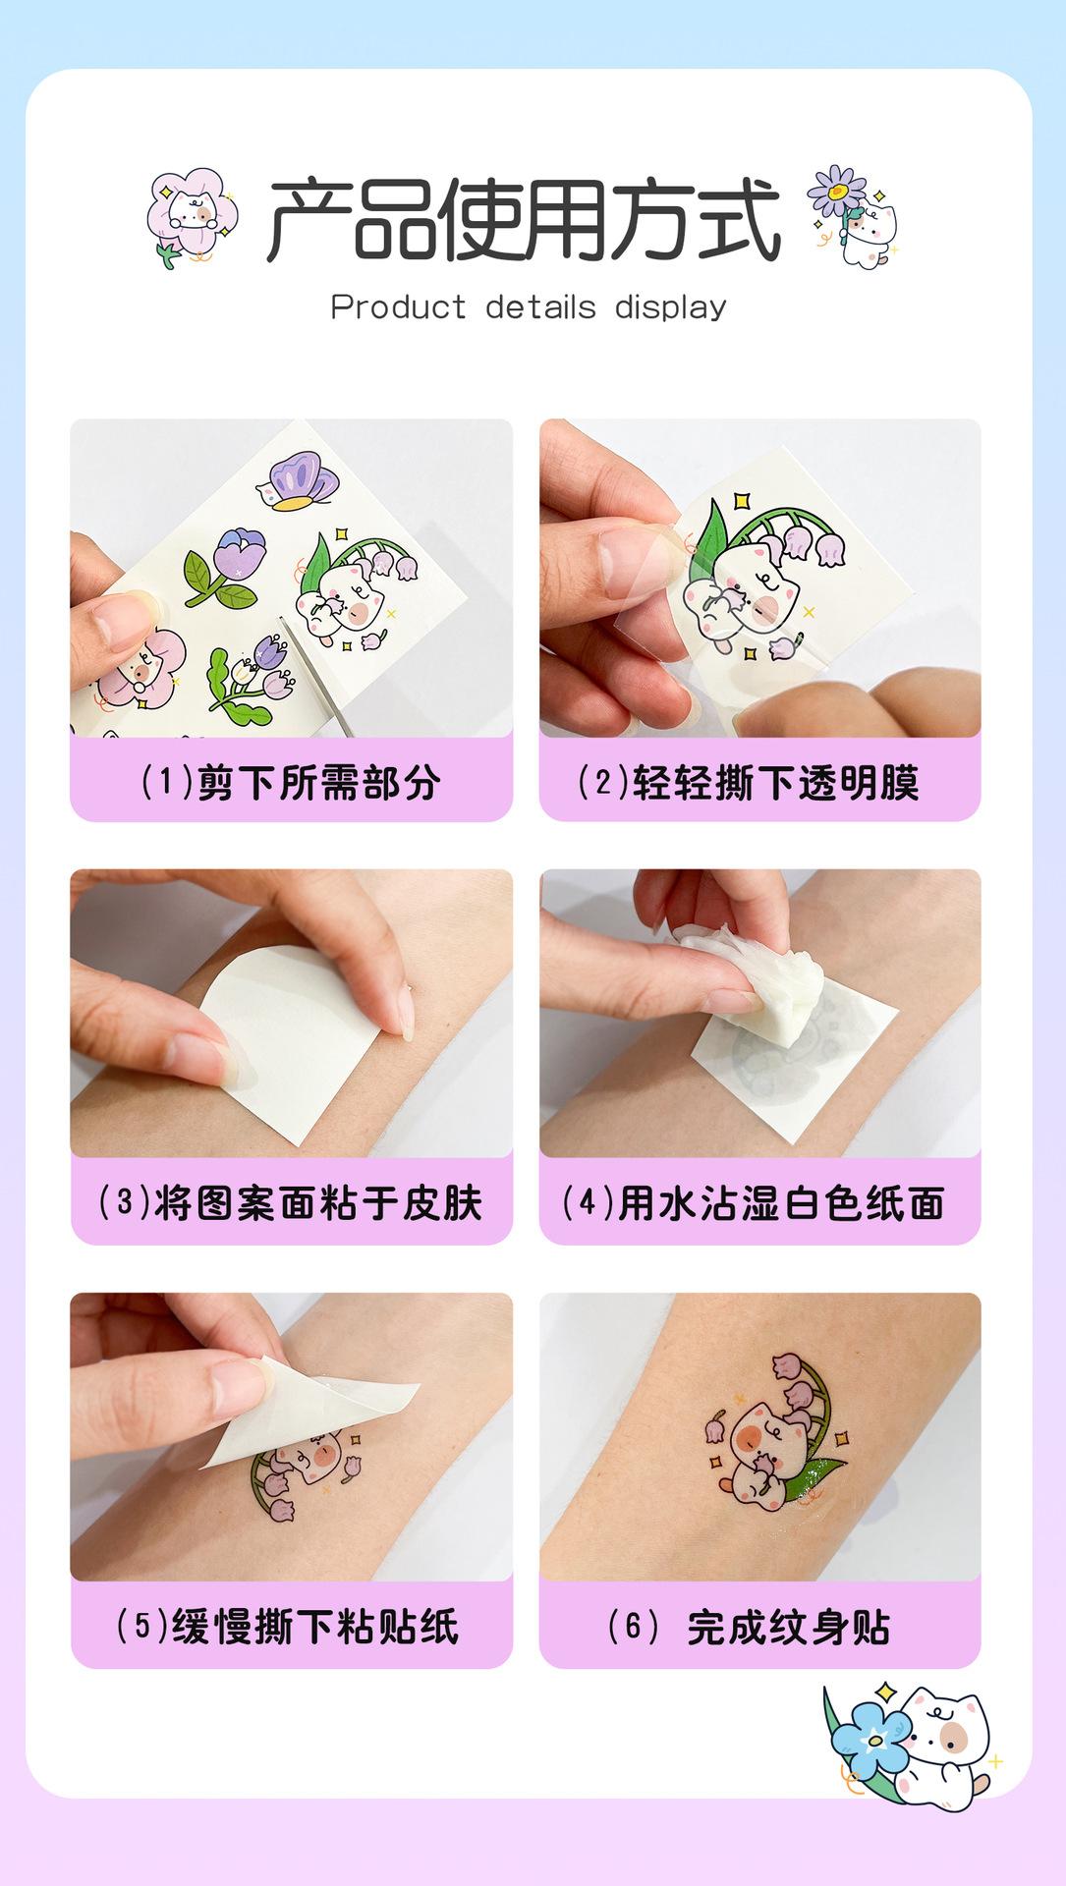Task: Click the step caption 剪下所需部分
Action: click(x=290, y=783)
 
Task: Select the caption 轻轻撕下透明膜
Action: click(x=747, y=783)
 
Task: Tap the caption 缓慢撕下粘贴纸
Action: click(x=287, y=1627)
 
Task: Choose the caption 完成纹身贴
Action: click(x=749, y=1627)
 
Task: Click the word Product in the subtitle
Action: click(x=398, y=307)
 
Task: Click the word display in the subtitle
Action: click(x=671, y=307)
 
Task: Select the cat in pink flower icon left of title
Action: click(x=193, y=216)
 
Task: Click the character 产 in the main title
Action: click(x=309, y=219)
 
